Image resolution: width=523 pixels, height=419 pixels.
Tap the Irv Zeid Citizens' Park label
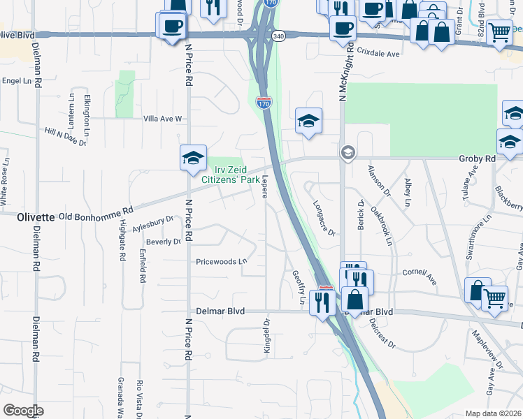pyautogui.click(x=231, y=175)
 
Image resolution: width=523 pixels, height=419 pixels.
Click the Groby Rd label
pyautogui.click(x=477, y=159)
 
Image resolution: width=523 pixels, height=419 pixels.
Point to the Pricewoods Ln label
pyautogui.click(x=222, y=262)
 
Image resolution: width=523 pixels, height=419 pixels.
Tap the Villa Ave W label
pyautogui.click(x=162, y=119)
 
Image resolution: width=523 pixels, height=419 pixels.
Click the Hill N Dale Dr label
pyautogui.click(x=65, y=137)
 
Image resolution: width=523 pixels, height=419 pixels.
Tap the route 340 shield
pyautogui.click(x=279, y=36)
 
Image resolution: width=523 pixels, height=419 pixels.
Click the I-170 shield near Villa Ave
pyautogui.click(x=264, y=103)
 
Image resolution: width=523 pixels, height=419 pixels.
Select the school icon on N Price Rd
pyautogui.click(x=192, y=157)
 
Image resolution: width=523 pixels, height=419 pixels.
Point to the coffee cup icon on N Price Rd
pyautogui.click(x=171, y=27)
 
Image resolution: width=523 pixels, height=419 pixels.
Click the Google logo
pyautogui.click(x=23, y=411)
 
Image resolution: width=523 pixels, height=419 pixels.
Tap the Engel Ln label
pyautogui.click(x=18, y=81)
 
